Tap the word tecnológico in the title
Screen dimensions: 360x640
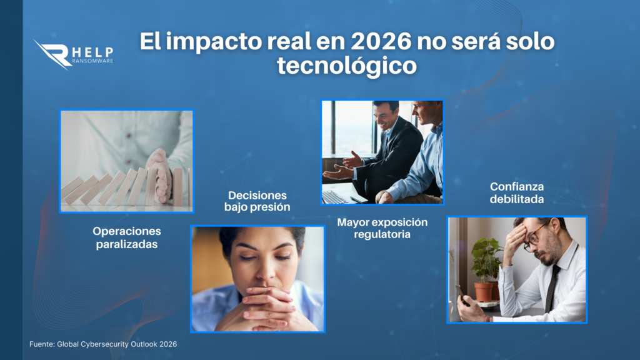click(x=347, y=66)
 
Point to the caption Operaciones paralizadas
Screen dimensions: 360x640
click(x=127, y=237)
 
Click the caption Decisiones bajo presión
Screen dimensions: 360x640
click(x=257, y=201)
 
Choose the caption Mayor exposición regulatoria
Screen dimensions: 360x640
click(x=382, y=228)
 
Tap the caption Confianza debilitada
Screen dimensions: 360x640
click(x=517, y=192)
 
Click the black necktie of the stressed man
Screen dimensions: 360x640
click(x=552, y=289)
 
